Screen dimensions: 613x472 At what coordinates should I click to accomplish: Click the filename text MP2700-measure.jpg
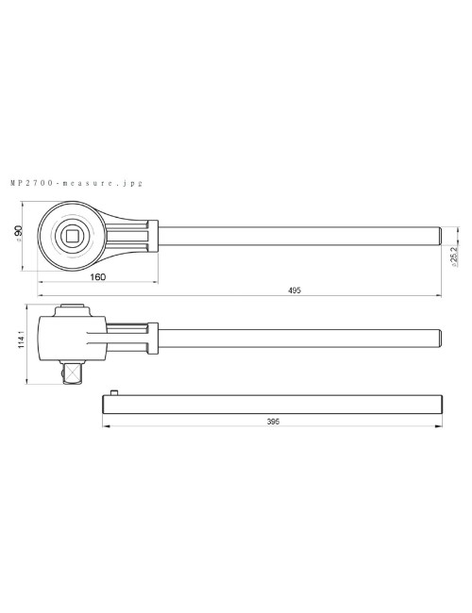coord(75,184)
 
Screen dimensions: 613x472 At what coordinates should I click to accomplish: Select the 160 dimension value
coord(98,277)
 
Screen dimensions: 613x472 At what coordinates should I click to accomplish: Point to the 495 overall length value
coord(295,291)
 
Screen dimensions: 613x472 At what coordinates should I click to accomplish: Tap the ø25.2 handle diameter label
coord(454,256)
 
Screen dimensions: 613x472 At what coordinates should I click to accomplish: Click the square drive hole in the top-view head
coord(74,234)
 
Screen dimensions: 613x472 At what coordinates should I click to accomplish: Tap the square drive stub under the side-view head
coord(74,373)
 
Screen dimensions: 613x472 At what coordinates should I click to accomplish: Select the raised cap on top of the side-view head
coord(74,307)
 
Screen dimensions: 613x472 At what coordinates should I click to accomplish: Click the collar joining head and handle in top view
coord(152,235)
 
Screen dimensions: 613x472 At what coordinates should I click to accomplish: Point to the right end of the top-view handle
coord(438,235)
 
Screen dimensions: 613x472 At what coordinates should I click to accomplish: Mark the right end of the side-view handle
coord(438,337)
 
